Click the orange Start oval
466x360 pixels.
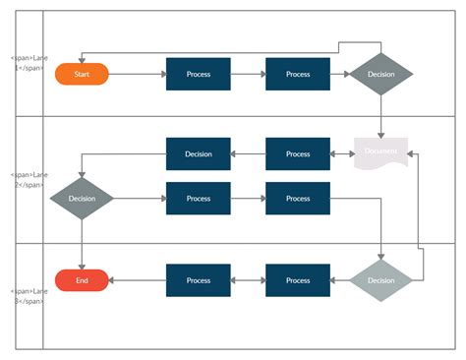click(x=82, y=74)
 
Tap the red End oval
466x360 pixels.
click(x=82, y=280)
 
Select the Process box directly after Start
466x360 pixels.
click(x=198, y=74)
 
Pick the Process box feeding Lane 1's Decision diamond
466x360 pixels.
click(x=298, y=74)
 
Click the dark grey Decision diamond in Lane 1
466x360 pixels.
click(x=380, y=74)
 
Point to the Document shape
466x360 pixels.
click(x=380, y=153)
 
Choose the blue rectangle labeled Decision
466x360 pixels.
click(x=198, y=153)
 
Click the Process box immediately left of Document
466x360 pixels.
click(x=298, y=153)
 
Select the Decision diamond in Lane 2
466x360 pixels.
click(x=82, y=199)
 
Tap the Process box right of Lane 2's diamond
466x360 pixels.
click(x=198, y=199)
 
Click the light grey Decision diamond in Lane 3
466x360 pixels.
click(x=380, y=280)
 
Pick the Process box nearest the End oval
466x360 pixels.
click(x=198, y=280)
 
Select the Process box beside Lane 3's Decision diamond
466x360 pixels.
click(x=298, y=280)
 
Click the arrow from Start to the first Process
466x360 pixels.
click(x=137, y=74)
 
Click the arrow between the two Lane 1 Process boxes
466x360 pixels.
click(x=248, y=74)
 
